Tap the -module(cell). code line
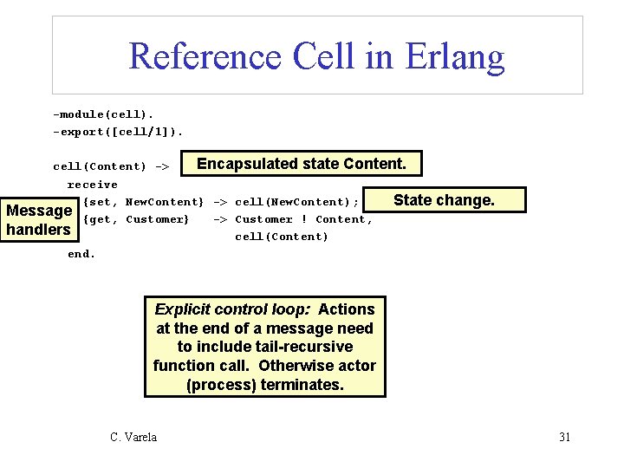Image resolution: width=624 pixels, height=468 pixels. (x=103, y=114)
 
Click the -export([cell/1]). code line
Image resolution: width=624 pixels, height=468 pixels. (x=118, y=132)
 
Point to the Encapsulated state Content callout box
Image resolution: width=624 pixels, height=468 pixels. (x=301, y=164)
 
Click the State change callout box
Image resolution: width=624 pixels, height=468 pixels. (x=444, y=200)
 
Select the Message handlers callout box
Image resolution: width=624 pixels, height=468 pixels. (x=38, y=220)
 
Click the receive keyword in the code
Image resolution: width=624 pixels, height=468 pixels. (x=92, y=185)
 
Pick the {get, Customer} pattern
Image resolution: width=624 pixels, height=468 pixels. (x=135, y=219)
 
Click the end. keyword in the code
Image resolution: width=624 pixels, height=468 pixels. (x=81, y=254)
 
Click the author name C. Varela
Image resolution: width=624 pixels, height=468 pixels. (x=133, y=437)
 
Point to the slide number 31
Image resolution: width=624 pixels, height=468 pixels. (x=564, y=437)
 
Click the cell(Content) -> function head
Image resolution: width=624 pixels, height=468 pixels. (x=111, y=166)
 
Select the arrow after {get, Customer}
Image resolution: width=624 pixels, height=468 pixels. (x=220, y=219)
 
